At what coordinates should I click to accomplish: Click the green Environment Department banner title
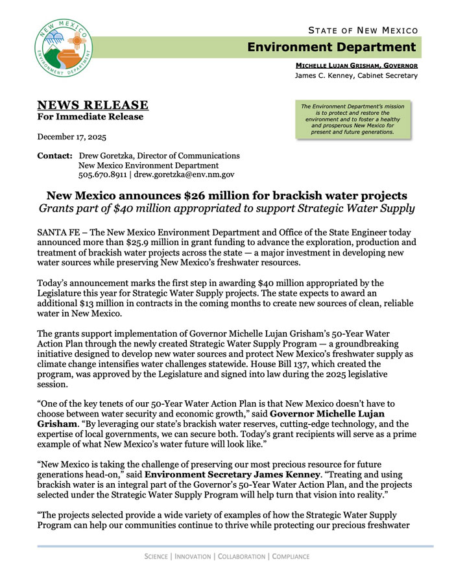click(x=331, y=47)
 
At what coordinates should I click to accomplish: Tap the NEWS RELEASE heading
click(x=93, y=105)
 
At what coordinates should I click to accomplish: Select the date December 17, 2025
click(x=72, y=137)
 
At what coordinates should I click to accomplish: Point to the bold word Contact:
click(x=55, y=156)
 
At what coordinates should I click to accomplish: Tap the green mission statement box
click(x=353, y=119)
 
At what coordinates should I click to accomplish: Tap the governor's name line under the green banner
click(x=357, y=66)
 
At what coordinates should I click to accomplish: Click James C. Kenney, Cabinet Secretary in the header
click(x=356, y=76)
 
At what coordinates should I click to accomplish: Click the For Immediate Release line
click(x=90, y=117)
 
